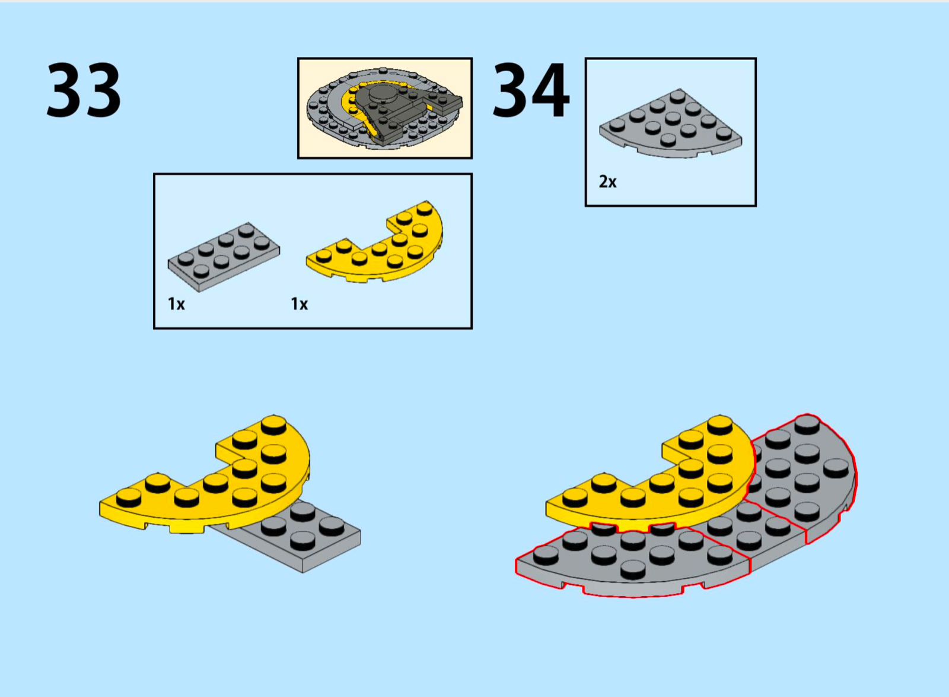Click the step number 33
[84, 90]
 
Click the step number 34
[531, 90]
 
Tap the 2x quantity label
[607, 182]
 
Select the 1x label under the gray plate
[176, 304]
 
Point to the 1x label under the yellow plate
[299, 304]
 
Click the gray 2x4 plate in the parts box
[224, 257]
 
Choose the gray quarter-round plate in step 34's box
[670, 124]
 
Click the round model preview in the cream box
[385, 109]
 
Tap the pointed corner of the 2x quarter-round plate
[680, 90]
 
